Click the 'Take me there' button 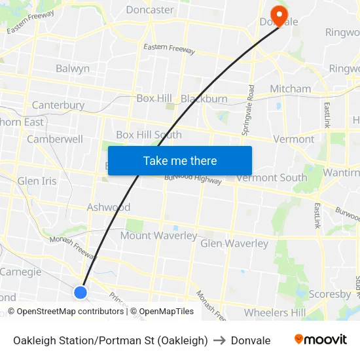pos(180,160)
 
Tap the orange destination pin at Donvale pos(279,15)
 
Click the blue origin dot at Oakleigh pos(81,292)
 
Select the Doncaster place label pos(150,10)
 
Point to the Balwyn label pos(73,68)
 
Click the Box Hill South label pos(149,135)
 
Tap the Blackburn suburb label pos(204,99)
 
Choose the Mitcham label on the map pos(290,88)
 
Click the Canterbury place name pos(58,105)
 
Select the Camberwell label pos(55,139)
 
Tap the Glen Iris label pos(37,181)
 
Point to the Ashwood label pos(109,207)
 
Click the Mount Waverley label pos(158,236)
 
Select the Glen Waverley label pos(234,243)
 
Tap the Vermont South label pos(272,177)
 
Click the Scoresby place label pos(330,294)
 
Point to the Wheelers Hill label pos(275,312)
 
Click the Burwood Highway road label pos(193,179)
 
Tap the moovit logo pos(321,340)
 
